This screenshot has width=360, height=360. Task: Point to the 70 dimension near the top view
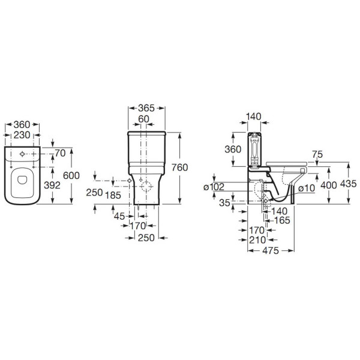click(x=60, y=154)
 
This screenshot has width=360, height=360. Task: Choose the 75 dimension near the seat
click(x=317, y=154)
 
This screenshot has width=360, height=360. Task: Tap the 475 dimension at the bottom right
click(x=270, y=251)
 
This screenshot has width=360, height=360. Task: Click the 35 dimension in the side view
click(x=224, y=203)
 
